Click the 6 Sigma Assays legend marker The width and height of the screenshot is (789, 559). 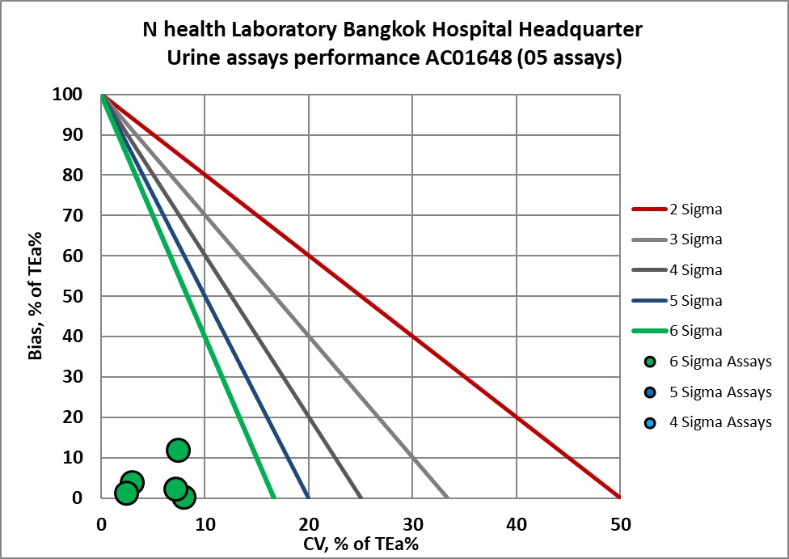coord(652,362)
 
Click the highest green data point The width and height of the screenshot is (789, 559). coord(179,450)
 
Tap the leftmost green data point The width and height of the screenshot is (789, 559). coord(126,493)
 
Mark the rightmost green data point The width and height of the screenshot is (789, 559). coord(184,497)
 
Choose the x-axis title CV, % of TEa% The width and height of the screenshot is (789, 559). coord(361,544)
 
